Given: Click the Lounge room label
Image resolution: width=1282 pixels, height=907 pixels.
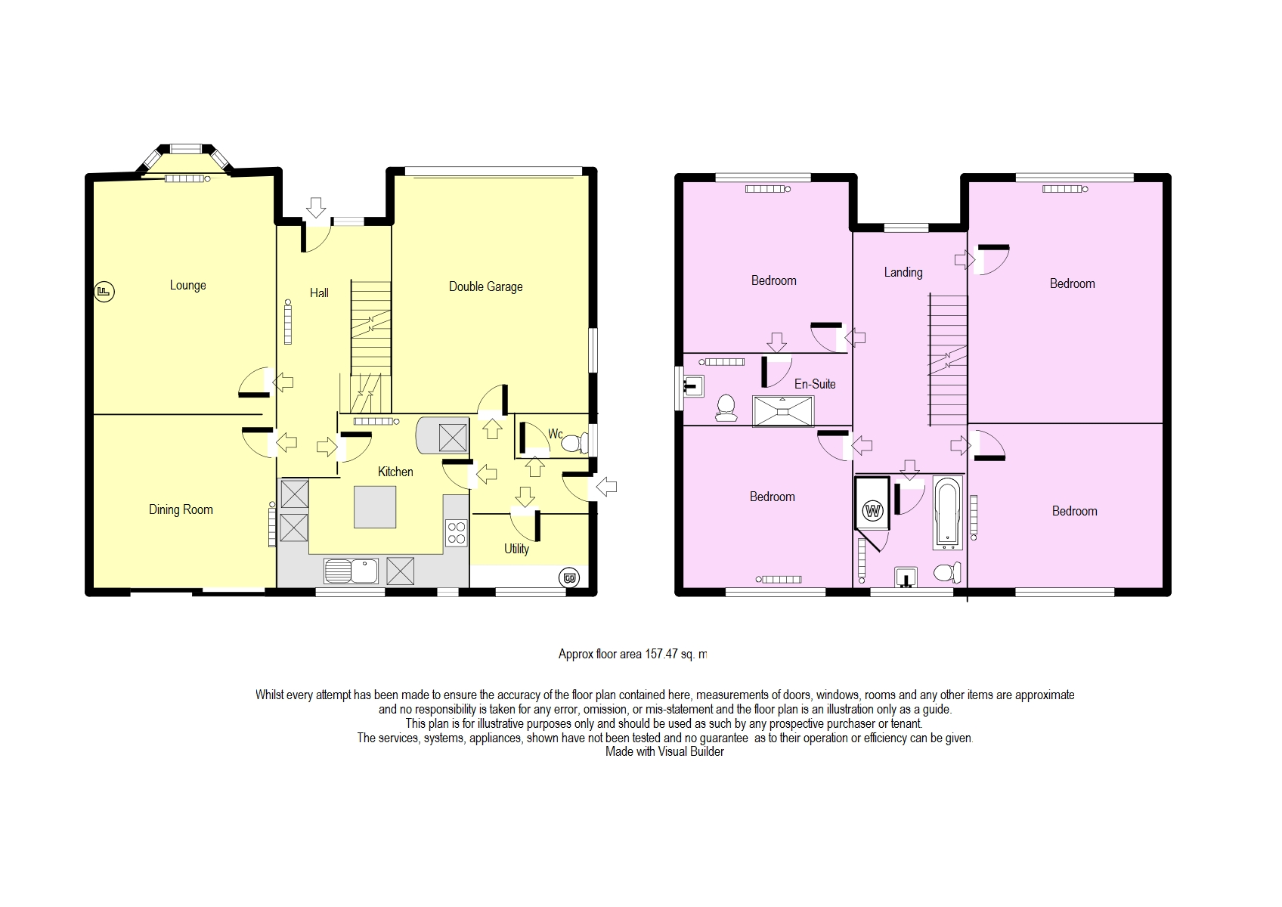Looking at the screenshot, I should pyautogui.click(x=187, y=285).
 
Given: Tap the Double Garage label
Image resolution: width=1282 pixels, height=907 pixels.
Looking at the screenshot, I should pyautogui.click(x=485, y=286).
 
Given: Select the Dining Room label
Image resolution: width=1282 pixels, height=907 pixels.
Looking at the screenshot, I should pyautogui.click(x=181, y=509).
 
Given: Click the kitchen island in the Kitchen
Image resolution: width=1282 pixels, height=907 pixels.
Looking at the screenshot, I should pyautogui.click(x=375, y=506).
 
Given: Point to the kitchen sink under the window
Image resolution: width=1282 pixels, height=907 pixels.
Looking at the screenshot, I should pyautogui.click(x=351, y=571).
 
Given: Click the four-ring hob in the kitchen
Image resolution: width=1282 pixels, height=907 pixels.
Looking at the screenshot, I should pyautogui.click(x=456, y=532).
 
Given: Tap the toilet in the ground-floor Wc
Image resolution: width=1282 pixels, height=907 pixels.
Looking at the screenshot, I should pyautogui.click(x=574, y=443).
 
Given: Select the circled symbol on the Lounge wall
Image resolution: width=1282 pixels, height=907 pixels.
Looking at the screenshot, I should pyautogui.click(x=104, y=291).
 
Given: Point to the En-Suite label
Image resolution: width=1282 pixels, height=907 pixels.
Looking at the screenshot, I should pyautogui.click(x=815, y=384).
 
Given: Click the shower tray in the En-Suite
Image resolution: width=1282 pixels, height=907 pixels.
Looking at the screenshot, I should pyautogui.click(x=783, y=411).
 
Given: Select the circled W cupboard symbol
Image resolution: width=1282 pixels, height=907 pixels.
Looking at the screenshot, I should pyautogui.click(x=874, y=510).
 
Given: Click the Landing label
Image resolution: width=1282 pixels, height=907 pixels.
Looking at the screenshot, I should pyautogui.click(x=903, y=272).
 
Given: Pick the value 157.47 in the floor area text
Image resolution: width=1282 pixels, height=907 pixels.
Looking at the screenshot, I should pyautogui.click(x=661, y=655).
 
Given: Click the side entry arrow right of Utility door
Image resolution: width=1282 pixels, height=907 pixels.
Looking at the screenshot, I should pyautogui.click(x=606, y=487).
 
